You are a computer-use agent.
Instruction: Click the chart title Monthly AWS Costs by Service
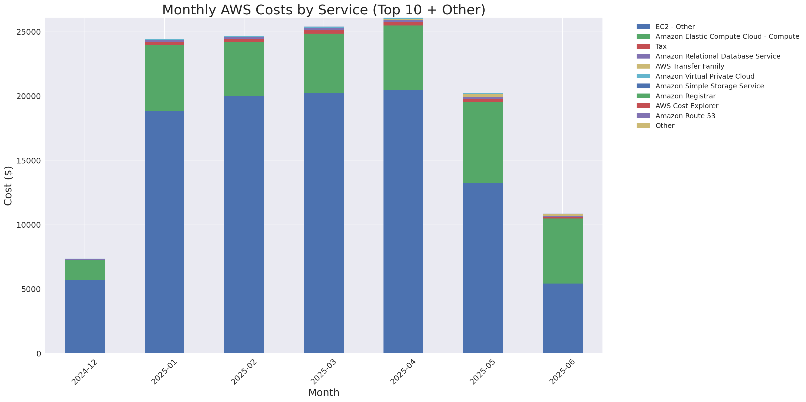point(324,10)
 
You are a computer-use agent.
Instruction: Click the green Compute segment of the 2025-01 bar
point(164,78)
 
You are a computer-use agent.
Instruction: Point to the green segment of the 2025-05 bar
point(483,142)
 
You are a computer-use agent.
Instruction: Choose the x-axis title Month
point(324,393)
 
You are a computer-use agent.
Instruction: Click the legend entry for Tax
point(661,47)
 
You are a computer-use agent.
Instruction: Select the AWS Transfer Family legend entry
point(690,66)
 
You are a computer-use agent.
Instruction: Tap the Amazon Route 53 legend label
point(685,116)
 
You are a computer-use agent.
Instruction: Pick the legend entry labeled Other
point(665,126)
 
